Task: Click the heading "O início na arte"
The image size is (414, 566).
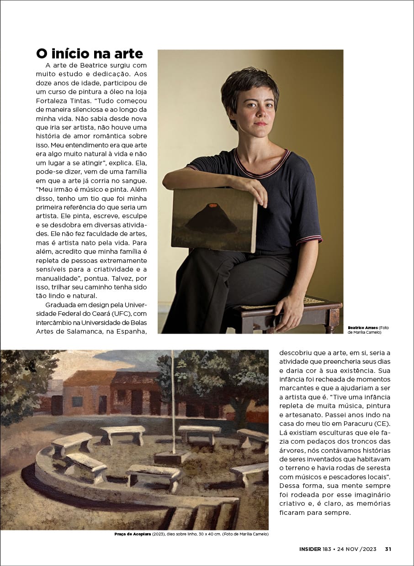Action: [x=90, y=53]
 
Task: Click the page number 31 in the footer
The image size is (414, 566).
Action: [x=388, y=549]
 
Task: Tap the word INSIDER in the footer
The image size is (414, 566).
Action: [x=307, y=549]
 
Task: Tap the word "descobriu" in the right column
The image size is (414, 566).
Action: [x=295, y=353]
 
